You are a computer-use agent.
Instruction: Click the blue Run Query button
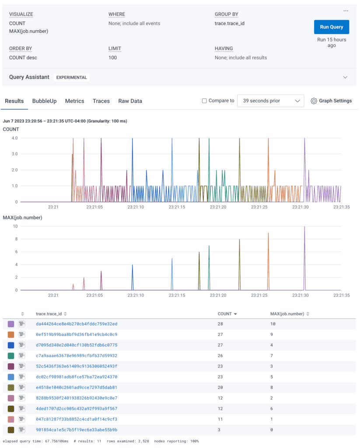(331, 27)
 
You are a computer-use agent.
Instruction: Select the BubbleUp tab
(44, 101)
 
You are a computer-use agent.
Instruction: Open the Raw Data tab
(130, 101)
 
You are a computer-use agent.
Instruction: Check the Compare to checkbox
(204, 101)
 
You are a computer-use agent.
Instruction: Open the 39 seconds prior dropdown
(270, 101)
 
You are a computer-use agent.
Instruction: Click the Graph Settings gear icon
(314, 101)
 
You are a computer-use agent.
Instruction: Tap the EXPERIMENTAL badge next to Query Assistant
(72, 77)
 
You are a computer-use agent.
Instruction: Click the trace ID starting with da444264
(77, 324)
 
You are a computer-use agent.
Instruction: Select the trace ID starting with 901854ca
(77, 430)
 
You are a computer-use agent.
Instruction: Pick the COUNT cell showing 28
(221, 324)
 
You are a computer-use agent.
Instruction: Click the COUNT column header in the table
(224, 314)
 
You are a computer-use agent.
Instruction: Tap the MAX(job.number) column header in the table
(287, 314)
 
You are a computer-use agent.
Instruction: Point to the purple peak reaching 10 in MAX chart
(304, 227)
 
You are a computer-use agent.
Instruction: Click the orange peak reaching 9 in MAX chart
(268, 233)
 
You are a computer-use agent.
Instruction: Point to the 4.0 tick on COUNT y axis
(14, 138)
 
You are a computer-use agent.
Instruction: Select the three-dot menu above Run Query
(346, 11)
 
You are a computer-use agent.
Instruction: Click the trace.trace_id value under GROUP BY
(229, 24)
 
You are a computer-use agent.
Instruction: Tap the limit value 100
(112, 58)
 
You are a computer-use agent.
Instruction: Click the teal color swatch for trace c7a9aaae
(11, 356)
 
